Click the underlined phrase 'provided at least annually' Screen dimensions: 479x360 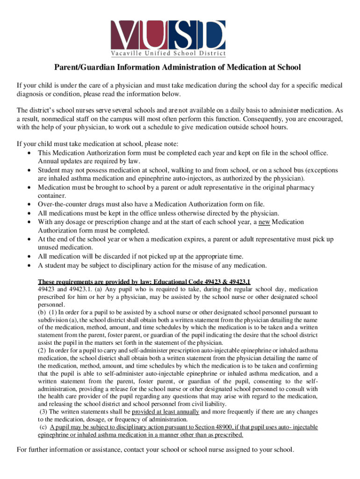pyautogui.click(x=166, y=412)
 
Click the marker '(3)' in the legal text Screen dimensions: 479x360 pyautogui.click(x=43, y=412)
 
